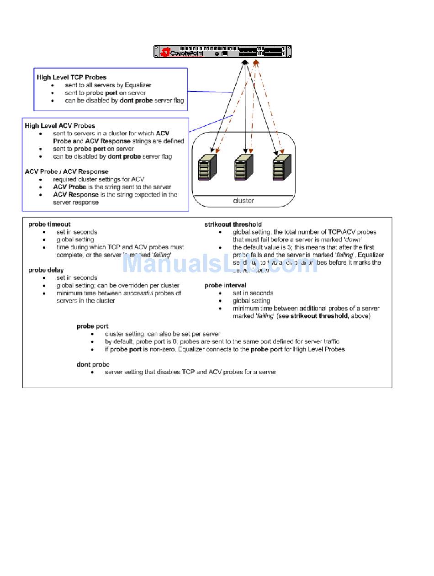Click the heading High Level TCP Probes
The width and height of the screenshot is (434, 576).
pos(72,77)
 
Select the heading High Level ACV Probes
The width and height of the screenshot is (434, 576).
pos(60,126)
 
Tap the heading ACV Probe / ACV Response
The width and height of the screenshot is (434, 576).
pos(67,172)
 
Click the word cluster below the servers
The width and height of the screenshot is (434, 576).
pos(243,201)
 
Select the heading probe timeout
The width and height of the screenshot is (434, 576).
pos(49,224)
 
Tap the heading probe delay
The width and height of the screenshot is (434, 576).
pos(46,270)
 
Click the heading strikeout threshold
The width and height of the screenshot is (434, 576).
pos(233,224)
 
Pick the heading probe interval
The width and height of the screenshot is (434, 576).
pos(225,285)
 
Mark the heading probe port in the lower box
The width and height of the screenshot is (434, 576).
pos(92,326)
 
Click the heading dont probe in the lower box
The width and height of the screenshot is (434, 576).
pos(93,364)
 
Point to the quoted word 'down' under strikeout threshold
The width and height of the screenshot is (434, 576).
pos(352,240)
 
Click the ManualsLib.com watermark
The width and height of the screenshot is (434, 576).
pos(219,264)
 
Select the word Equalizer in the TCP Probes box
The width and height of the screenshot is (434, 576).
pos(136,85)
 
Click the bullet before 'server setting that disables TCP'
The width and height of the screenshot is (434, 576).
pos(93,372)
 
